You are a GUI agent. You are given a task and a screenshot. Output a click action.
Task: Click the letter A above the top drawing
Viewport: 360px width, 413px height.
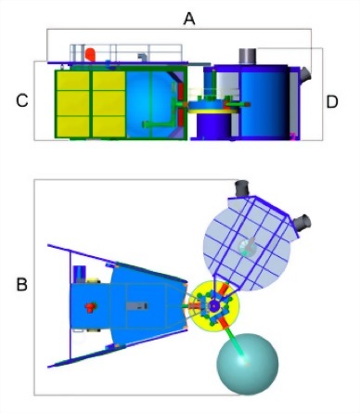click(189, 19)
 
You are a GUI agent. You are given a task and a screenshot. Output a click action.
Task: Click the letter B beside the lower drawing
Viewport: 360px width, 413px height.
click(20, 283)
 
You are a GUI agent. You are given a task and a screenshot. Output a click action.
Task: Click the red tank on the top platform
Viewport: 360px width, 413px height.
click(89, 55)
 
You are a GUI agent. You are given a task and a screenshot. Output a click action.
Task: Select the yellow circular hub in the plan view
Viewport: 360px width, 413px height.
click(213, 305)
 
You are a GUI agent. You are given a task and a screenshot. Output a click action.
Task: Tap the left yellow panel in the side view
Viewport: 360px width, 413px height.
click(73, 102)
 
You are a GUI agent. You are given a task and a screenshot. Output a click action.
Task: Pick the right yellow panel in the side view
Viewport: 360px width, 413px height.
click(109, 102)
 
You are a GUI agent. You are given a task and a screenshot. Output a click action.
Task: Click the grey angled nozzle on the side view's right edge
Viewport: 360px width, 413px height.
click(305, 74)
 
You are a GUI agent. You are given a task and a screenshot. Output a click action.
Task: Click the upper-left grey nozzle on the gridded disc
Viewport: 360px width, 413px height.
click(246, 192)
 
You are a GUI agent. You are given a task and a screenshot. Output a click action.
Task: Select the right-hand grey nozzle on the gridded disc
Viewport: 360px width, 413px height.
click(302, 224)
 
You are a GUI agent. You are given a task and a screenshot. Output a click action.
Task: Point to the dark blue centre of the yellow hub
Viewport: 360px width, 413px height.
click(214, 305)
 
